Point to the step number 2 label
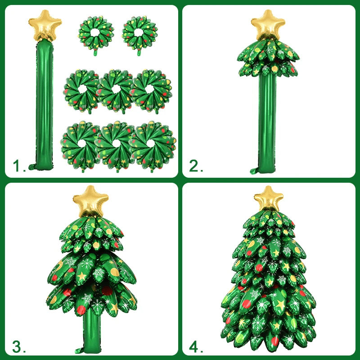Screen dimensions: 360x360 click(196, 167)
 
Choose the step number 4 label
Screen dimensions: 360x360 click(196, 346)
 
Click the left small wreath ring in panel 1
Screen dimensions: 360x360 click(95, 34)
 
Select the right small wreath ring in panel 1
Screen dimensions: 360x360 click(138, 34)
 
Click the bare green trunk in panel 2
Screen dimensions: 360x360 click(268, 121)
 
